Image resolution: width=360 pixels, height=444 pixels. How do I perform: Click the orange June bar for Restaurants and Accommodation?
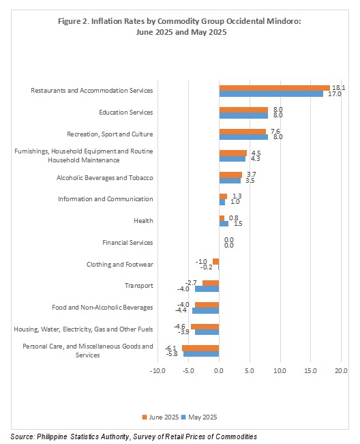coord(275,88)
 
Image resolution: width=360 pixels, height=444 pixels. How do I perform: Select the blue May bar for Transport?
coord(207,288)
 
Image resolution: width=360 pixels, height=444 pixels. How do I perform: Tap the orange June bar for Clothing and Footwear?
coord(216,261)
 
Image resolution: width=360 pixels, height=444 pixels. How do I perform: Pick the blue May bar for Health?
coord(224,224)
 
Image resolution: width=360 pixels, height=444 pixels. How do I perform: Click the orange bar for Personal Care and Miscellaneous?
coord(200,349)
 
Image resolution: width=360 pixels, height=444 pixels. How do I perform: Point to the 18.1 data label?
coord(338,88)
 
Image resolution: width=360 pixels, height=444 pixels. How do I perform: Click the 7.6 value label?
coord(275,132)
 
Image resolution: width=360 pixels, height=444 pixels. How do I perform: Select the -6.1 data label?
coord(170,349)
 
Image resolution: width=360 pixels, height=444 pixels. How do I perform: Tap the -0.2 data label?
coord(207,267)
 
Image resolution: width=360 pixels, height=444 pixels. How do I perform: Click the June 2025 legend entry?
coord(160,417)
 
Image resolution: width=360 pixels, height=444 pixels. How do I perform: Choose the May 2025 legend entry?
coord(199,417)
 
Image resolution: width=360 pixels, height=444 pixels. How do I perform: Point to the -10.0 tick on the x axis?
coord(157,370)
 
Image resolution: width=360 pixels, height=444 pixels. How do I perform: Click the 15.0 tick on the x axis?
coord(310,370)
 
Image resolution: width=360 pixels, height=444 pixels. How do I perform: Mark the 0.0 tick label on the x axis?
coord(219,370)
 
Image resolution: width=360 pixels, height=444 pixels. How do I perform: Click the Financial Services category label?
coord(127,243)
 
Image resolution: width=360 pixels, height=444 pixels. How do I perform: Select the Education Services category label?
coord(126,113)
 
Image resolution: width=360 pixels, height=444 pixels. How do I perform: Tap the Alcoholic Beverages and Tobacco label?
coord(105,178)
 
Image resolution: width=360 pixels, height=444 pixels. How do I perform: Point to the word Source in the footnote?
coord(22,436)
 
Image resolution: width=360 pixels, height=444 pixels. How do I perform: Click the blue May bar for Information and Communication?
coord(222,202)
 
